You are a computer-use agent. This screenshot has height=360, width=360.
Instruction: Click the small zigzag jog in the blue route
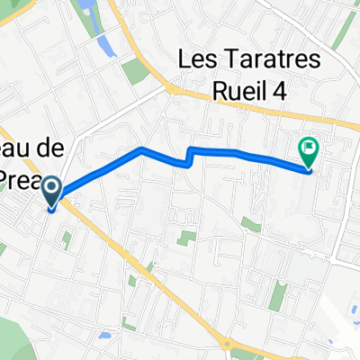189,157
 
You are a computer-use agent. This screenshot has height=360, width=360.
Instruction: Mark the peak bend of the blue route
141,148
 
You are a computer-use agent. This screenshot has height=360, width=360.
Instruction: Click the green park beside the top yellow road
136,71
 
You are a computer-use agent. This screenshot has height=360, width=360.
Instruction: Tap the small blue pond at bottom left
107,335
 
